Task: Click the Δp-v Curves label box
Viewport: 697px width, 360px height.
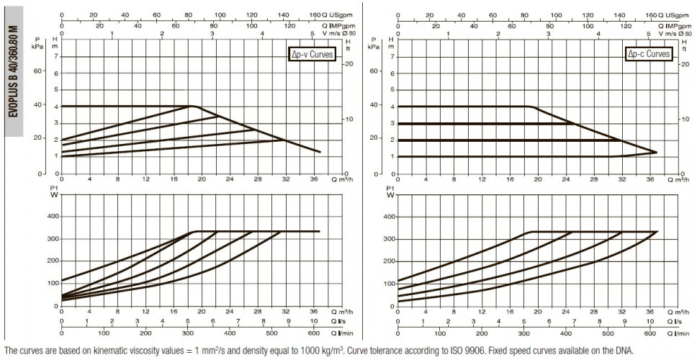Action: (311, 55)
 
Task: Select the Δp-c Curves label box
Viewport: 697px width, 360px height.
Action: (648, 54)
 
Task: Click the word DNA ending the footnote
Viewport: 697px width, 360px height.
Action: (624, 349)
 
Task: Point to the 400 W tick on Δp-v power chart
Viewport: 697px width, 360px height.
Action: (53, 217)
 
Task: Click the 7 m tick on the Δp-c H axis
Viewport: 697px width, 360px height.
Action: (392, 56)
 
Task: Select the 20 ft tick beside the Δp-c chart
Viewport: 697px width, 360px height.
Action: (685, 64)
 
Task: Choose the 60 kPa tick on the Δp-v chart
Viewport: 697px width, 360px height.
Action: (37, 71)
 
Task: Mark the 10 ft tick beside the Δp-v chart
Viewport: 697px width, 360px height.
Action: (349, 119)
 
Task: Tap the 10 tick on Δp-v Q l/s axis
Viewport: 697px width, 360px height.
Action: (314, 321)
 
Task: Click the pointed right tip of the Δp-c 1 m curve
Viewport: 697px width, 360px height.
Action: (657, 152)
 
